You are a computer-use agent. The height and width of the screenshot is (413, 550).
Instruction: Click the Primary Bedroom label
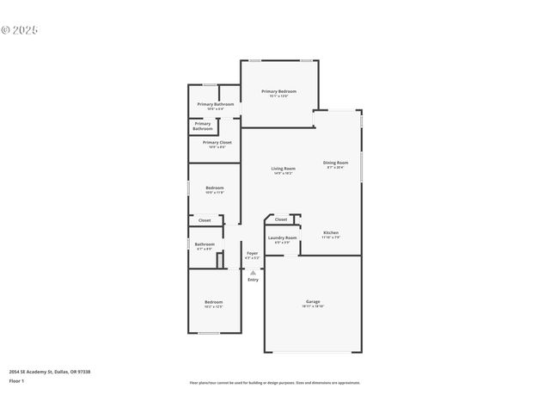click(279, 91)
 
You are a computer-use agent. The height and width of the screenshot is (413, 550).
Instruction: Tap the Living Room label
click(284, 169)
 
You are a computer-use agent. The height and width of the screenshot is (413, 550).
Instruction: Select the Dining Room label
click(335, 163)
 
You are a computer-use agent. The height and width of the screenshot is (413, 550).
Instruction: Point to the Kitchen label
click(331, 233)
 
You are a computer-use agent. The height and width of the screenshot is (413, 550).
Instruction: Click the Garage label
click(313, 302)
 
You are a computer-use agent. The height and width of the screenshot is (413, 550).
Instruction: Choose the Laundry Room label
click(282, 237)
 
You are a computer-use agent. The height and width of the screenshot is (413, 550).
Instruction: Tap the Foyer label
click(252, 254)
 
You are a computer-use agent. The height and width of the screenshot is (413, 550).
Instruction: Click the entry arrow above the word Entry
click(253, 272)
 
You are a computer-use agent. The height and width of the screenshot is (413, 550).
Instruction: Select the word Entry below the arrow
click(253, 280)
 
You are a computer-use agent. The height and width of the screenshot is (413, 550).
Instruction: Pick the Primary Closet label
click(217, 143)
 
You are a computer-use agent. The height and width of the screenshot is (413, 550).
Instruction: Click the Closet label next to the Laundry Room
click(281, 219)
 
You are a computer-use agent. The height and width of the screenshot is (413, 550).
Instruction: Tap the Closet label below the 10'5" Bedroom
click(205, 220)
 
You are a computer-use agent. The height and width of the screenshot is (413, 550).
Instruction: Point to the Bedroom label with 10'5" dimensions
click(214, 188)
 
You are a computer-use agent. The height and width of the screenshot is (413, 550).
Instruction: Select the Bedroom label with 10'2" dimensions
click(213, 302)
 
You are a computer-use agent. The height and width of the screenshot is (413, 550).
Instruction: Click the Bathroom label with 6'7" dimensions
click(205, 244)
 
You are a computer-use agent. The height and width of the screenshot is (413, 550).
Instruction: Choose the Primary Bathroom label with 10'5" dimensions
click(215, 104)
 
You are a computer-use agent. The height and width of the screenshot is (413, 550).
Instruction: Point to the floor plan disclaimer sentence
click(275, 383)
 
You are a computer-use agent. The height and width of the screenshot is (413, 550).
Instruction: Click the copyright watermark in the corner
click(20, 29)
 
